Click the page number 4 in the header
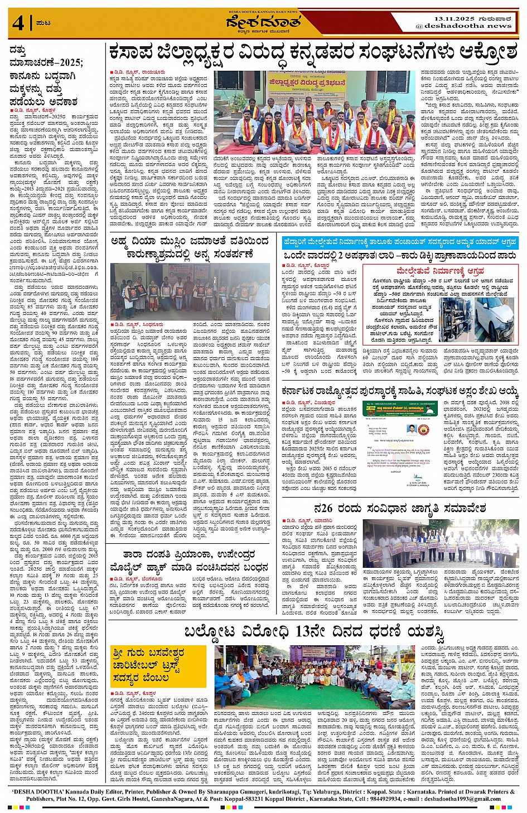(x=18, y=23)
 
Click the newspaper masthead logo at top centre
(x=263, y=22)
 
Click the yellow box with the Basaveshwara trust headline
(x=143, y=664)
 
